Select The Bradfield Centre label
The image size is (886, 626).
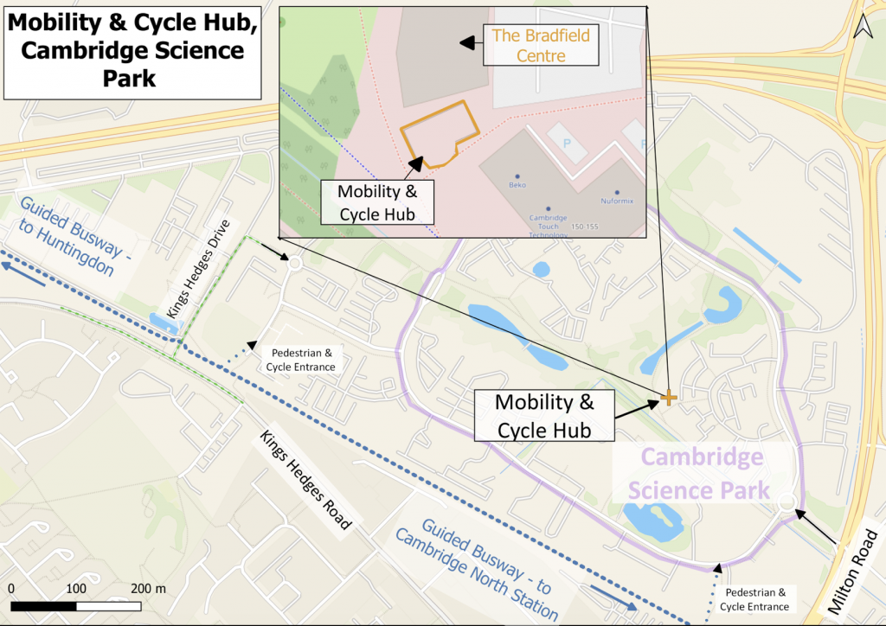(x=541, y=46)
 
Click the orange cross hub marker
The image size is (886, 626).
(x=669, y=398)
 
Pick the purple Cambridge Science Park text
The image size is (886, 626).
(x=699, y=474)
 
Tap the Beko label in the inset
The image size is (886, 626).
(x=517, y=184)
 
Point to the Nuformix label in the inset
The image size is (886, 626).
(x=617, y=201)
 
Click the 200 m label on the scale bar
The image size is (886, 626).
(x=147, y=588)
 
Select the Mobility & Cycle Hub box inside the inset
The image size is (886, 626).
(x=376, y=202)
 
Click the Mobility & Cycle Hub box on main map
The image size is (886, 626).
(x=544, y=416)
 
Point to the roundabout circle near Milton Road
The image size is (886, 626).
(x=786, y=502)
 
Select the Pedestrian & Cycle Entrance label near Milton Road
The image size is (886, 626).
(x=756, y=599)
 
